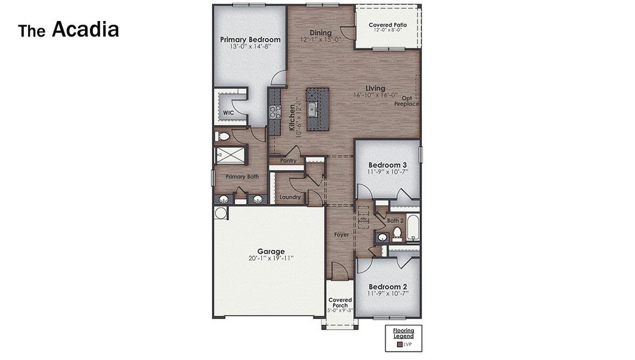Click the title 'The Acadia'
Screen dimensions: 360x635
click(x=68, y=30)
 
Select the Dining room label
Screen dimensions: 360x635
click(x=320, y=32)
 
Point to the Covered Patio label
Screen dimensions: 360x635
click(x=388, y=25)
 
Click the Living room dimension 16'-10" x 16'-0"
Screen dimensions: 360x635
click(x=376, y=95)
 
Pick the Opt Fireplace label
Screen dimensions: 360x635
click(x=407, y=101)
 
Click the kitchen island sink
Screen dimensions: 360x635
click(x=312, y=109)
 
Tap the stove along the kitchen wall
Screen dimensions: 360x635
click(x=274, y=111)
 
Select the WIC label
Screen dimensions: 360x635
click(x=228, y=112)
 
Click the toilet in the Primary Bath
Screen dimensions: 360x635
click(x=223, y=137)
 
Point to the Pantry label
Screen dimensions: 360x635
click(x=288, y=161)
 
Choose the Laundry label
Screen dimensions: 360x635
click(x=289, y=197)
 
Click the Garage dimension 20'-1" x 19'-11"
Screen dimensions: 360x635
click(x=271, y=259)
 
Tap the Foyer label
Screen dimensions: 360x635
click(x=341, y=235)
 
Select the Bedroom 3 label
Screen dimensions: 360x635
click(x=388, y=165)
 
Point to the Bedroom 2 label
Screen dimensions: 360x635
click(x=388, y=286)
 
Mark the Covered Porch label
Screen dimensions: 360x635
click(x=340, y=303)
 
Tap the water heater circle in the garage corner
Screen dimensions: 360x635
click(x=220, y=213)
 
